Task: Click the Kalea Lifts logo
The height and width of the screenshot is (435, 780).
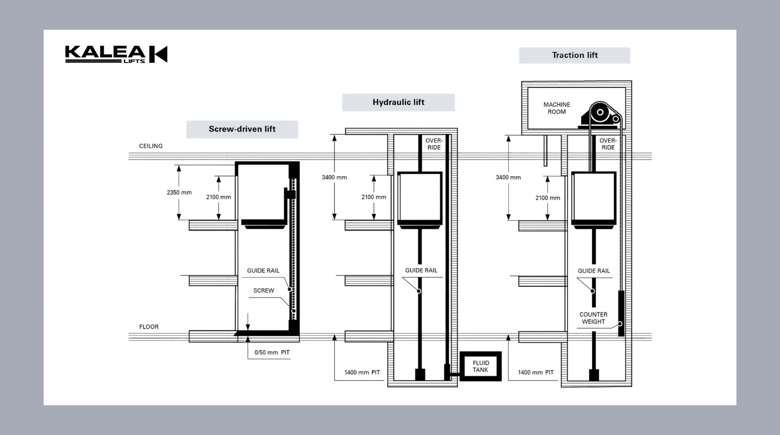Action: pos(116,54)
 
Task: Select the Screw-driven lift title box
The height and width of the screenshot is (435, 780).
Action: pos(242,129)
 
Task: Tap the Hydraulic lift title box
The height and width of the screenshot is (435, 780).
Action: pos(399,102)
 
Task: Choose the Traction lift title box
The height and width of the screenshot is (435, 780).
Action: pos(575,55)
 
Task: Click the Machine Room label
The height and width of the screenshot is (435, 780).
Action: pos(557,108)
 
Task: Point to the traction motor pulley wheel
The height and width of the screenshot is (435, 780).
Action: pos(600,113)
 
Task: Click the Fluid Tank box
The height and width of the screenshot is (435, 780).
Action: pos(481,366)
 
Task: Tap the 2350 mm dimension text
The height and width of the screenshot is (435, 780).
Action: pos(179,192)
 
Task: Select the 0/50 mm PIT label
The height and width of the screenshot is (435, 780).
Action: pos(272,353)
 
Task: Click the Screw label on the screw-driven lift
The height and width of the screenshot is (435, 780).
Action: pos(264,291)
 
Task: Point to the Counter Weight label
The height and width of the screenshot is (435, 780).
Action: pos(593,318)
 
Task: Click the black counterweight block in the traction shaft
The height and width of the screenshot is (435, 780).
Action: pos(621,314)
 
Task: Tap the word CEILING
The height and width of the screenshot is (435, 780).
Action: pos(151,146)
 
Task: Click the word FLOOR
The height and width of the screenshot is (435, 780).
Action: pos(149,327)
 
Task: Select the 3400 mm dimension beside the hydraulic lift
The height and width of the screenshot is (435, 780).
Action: pos(334,177)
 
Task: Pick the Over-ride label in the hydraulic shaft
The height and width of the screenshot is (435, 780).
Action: pos(434,144)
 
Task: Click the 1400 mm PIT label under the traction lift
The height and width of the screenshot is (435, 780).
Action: pos(536,373)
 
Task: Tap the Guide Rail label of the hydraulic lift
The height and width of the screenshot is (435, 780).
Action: pos(421,270)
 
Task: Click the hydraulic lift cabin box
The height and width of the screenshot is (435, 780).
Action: pos(420,198)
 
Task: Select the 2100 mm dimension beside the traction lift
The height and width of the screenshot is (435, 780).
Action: pos(548,198)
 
